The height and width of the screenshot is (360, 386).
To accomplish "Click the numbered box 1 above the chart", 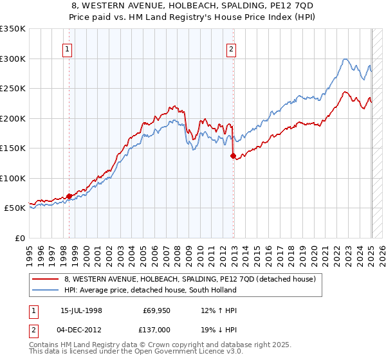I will (x=68, y=47).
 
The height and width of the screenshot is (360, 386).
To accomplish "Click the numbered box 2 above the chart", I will (x=231, y=47).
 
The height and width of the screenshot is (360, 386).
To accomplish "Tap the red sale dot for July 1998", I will (x=69, y=196).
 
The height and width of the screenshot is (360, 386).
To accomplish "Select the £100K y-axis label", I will (x=13, y=178).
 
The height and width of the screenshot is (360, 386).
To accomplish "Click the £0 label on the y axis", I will (x=19, y=238).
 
